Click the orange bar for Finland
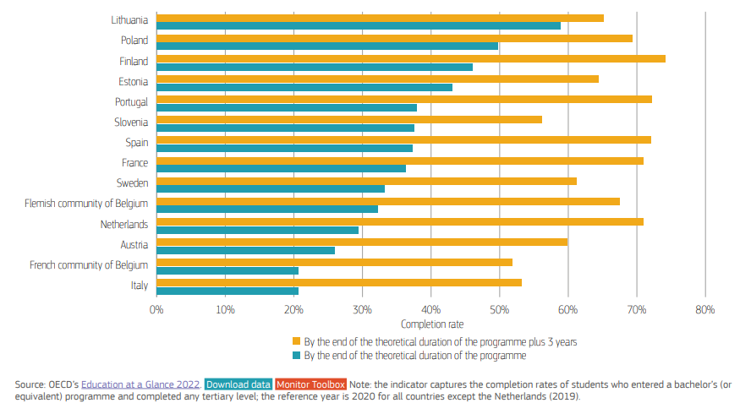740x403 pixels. click(410, 58)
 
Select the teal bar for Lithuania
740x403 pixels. click(359, 26)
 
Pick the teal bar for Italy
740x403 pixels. click(227, 291)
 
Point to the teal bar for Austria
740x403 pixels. click(245, 250)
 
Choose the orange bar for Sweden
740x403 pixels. click(366, 181)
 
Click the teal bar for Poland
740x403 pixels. click(327, 46)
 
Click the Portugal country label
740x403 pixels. click(131, 101)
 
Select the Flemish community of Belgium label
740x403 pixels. click(86, 204)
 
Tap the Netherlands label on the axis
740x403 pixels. click(123, 224)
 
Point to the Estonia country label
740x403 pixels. click(133, 81)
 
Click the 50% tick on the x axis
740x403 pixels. click(499, 310)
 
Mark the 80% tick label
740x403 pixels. click(704, 310)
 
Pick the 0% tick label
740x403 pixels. click(156, 310)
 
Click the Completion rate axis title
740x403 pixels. click(431, 324)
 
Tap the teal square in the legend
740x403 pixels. click(297, 356)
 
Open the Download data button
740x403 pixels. click(238, 384)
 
